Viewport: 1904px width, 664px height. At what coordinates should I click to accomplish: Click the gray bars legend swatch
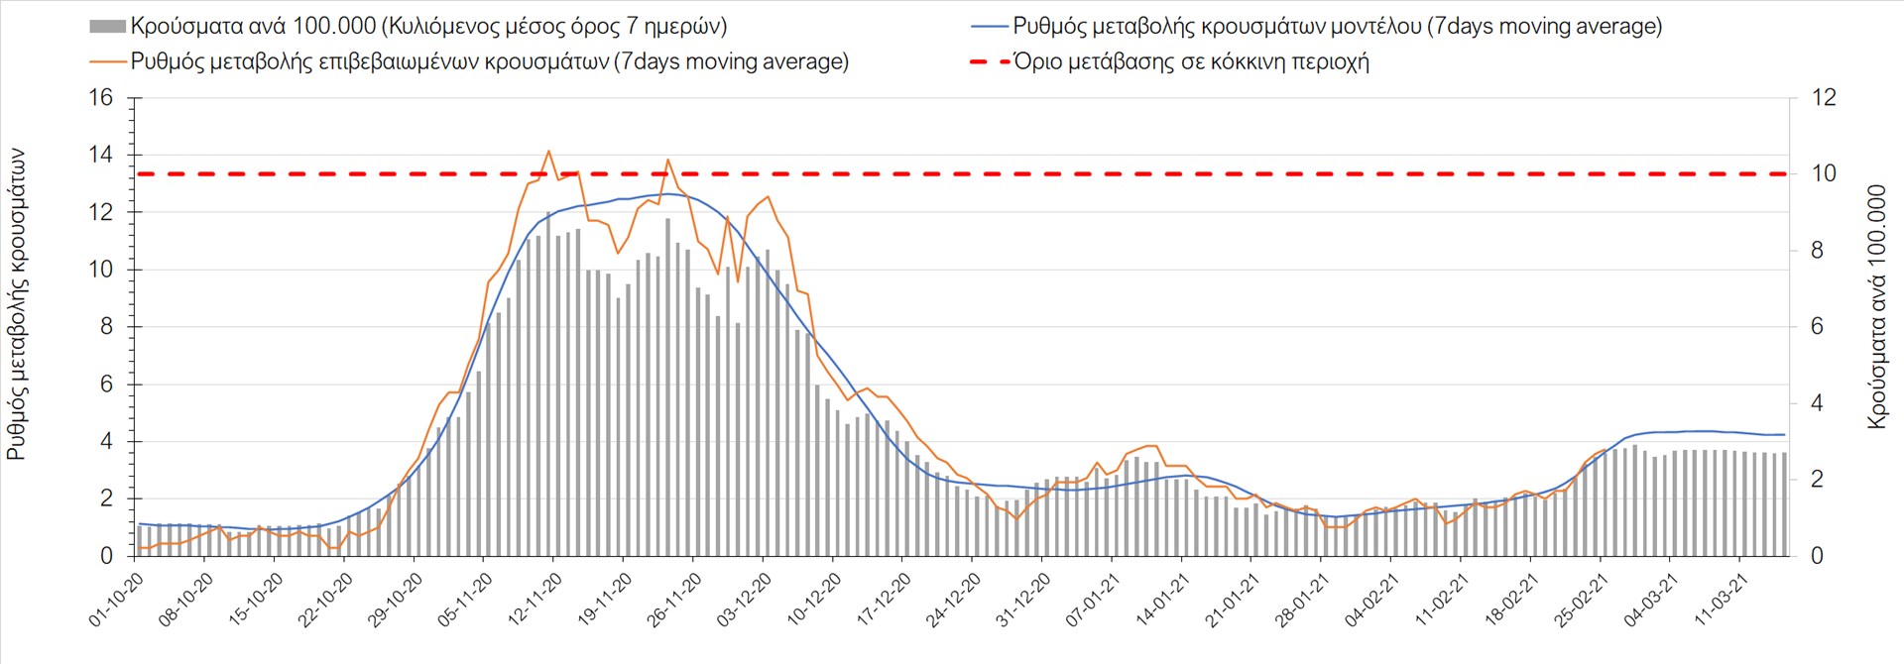[107, 27]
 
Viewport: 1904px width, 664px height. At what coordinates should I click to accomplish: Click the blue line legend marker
[989, 27]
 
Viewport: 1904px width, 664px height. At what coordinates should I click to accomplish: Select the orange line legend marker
[107, 62]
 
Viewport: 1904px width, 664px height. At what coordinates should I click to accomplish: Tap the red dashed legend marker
[989, 62]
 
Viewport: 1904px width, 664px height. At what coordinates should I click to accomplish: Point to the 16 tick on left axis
[101, 98]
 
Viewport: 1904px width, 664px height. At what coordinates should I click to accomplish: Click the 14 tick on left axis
[101, 156]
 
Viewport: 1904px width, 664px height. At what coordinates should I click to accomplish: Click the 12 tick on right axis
[1824, 98]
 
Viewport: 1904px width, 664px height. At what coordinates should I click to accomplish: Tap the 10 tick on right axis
[1824, 173]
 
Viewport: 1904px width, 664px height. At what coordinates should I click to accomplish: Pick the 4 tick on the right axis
[1818, 403]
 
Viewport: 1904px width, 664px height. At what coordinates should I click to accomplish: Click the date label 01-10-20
[116, 601]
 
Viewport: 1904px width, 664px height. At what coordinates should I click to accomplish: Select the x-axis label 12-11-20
[535, 601]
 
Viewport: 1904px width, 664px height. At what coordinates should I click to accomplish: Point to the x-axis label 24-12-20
[953, 601]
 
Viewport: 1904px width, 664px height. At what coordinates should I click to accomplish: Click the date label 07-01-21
[1093, 601]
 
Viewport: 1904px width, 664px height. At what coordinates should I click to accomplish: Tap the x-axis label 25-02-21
[1581, 601]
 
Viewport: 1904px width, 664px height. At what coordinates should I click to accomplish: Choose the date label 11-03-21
[1721, 601]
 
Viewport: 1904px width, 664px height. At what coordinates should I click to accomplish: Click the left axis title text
[17, 305]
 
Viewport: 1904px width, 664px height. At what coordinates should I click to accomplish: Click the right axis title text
[1876, 307]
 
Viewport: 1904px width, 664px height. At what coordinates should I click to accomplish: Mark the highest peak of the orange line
[548, 151]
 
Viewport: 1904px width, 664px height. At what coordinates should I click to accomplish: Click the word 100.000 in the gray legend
[333, 27]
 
